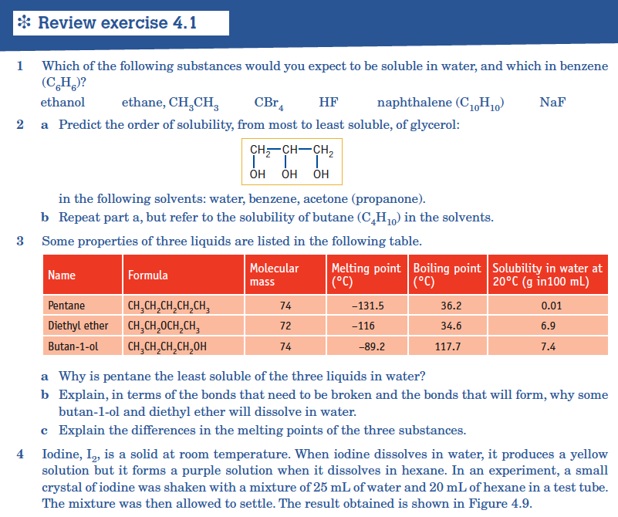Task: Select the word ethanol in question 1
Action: coord(62,103)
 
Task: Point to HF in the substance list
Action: coord(328,103)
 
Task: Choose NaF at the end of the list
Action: coord(552,103)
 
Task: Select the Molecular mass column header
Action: coord(274,275)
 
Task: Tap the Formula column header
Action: coord(148,275)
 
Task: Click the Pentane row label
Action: coord(66,306)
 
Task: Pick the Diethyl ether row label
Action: coord(78,326)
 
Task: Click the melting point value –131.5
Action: coord(367,306)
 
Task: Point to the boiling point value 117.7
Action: coord(448,346)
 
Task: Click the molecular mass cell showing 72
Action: coord(285,326)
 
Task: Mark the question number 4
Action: coord(21,454)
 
